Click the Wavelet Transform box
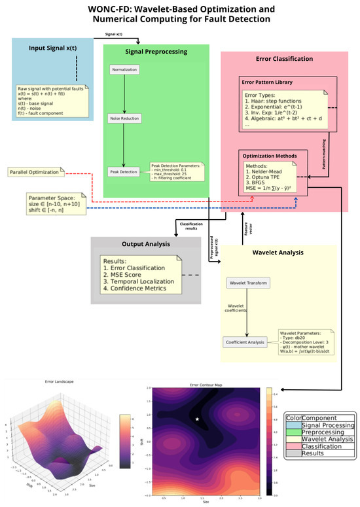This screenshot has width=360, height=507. tap(247, 283)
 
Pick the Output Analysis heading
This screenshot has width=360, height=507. tap(136, 244)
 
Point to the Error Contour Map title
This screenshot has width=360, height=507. tap(207, 385)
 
